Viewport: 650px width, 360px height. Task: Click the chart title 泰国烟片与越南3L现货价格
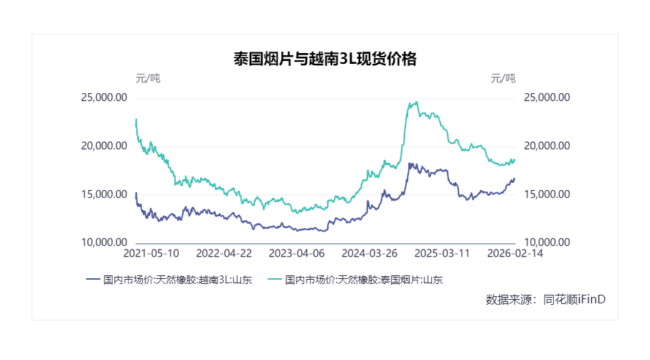324,60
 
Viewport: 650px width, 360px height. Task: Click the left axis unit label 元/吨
148,78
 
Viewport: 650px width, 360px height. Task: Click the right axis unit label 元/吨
502,78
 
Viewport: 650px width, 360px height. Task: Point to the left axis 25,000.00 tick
105,98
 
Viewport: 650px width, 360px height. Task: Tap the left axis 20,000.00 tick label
105,146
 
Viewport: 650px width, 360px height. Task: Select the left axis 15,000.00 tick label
105,194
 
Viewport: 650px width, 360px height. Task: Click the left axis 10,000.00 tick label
105,242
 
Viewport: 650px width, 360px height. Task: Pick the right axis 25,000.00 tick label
547,98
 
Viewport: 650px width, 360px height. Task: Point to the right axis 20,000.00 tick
547,146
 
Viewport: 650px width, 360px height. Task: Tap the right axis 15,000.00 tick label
547,194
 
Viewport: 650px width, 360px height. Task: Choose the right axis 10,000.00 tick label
547,242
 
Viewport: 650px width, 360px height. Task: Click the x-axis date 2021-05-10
151,254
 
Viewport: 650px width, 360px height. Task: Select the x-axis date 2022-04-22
224,254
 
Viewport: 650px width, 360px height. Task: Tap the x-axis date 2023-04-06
296,254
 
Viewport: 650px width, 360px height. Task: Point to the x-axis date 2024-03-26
369,254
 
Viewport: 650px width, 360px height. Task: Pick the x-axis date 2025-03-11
442,254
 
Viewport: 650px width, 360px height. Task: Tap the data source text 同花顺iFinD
575,299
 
